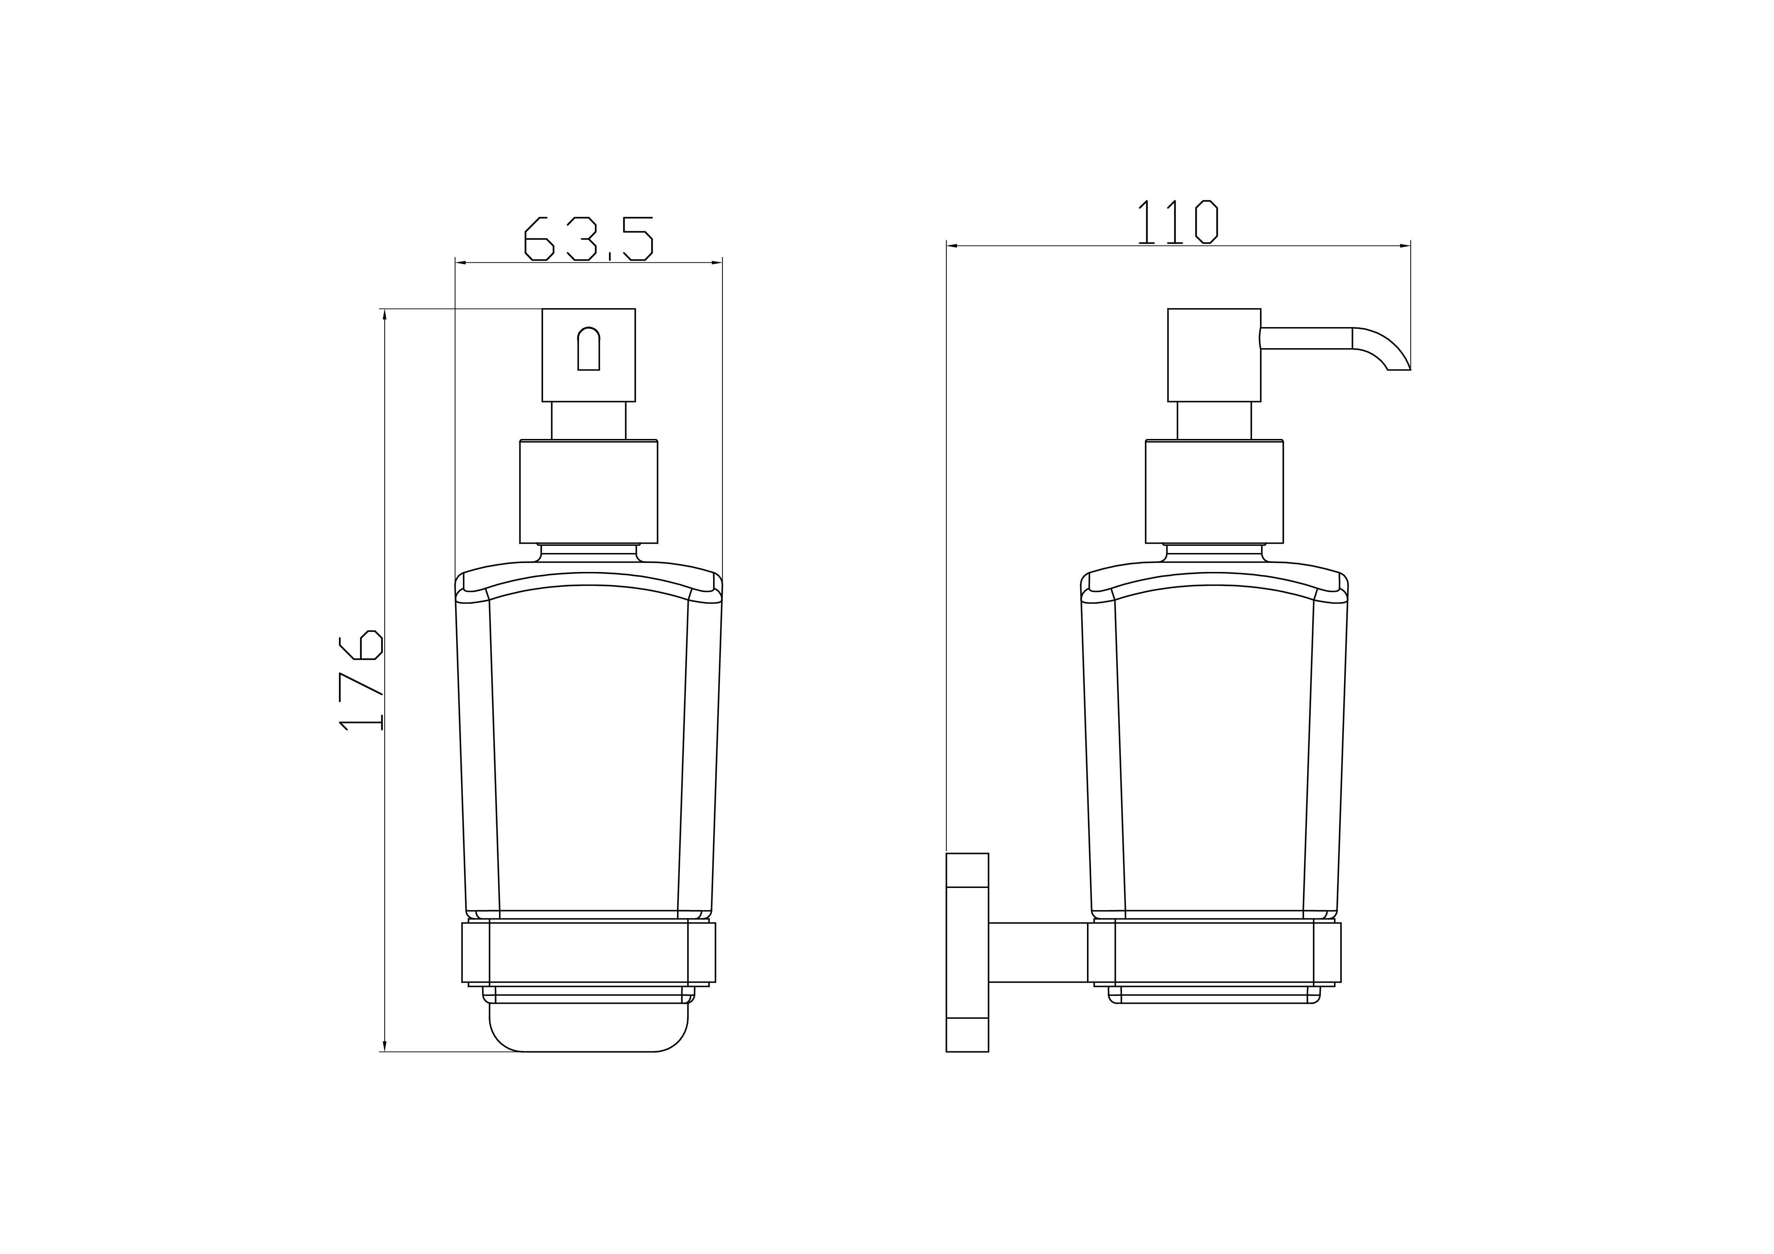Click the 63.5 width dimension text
pos(589,239)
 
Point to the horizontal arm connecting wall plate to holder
pos(1038,953)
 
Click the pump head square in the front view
pos(589,355)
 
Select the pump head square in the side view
pos(1214,355)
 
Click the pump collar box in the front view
pos(589,492)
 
